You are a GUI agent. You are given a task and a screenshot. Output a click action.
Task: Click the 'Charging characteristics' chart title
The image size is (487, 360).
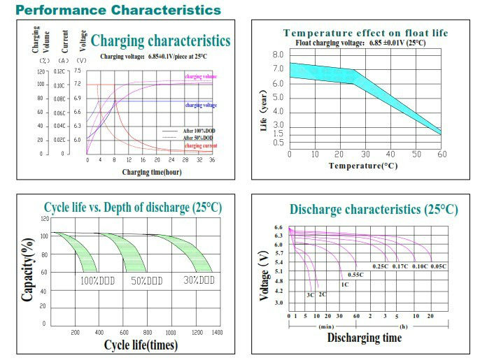[160, 41]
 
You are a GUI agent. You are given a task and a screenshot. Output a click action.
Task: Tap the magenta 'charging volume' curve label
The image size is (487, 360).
[201, 75]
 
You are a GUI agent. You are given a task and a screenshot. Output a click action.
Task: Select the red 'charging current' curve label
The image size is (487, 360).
[200, 145]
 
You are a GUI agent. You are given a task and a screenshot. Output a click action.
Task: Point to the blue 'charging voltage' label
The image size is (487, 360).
[200, 105]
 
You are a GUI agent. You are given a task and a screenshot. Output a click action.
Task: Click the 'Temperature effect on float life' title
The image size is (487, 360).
[365, 33]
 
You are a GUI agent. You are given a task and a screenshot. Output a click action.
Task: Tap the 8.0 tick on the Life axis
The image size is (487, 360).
[278, 55]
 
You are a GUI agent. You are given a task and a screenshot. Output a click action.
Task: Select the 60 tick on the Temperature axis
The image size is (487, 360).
[441, 154]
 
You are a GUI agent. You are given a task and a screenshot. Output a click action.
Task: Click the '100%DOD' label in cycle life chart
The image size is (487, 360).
[97, 280]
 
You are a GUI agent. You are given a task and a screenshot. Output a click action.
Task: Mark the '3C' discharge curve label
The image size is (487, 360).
[309, 294]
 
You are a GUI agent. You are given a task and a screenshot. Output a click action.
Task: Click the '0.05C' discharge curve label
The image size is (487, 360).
[439, 266]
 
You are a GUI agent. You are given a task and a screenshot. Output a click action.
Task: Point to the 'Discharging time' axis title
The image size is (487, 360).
[365, 338]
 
